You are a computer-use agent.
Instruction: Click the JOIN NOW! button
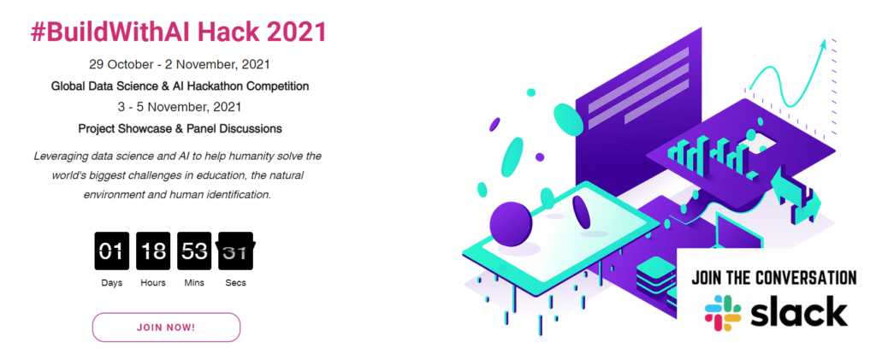tap(166, 327)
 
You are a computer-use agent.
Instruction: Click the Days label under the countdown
tap(112, 283)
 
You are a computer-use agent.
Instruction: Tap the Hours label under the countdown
tap(153, 283)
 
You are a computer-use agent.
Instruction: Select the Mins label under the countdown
tap(194, 283)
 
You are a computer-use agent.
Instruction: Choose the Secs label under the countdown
tap(236, 283)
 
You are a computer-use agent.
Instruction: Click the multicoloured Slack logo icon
tap(723, 314)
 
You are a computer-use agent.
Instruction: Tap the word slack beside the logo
tap(800, 313)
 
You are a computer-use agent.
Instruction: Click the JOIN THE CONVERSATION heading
tap(773, 278)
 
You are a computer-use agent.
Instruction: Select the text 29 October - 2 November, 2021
tap(180, 64)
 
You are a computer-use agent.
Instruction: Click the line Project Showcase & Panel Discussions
tap(180, 128)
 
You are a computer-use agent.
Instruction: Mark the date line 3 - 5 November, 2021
tap(180, 107)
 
